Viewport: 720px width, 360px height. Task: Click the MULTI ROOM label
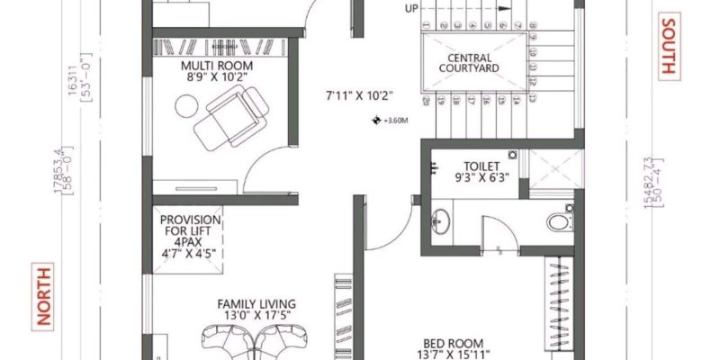[216, 67]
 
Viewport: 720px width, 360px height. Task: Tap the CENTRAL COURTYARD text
[468, 61]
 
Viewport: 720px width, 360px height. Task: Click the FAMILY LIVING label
[256, 304]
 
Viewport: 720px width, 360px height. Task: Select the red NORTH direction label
[41, 295]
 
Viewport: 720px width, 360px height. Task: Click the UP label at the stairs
[411, 9]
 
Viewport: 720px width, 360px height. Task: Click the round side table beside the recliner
[185, 106]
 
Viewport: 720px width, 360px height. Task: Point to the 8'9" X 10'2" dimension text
[216, 78]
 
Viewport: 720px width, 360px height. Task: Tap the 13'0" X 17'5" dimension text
[256, 316]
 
